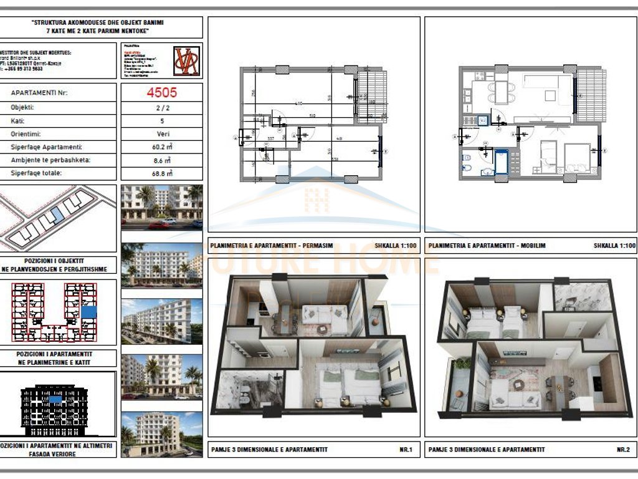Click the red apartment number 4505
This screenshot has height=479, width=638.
(x=161, y=92)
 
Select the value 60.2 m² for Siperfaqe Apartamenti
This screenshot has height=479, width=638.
(x=161, y=147)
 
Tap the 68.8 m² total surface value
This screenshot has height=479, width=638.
(x=161, y=173)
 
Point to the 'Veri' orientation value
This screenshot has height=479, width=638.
(x=161, y=133)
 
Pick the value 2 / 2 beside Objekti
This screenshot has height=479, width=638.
(x=161, y=107)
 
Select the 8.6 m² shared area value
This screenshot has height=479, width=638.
(x=161, y=160)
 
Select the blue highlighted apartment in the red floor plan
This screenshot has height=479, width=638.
(x=90, y=311)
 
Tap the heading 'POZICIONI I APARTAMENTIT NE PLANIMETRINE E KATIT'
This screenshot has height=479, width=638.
(x=59, y=357)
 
